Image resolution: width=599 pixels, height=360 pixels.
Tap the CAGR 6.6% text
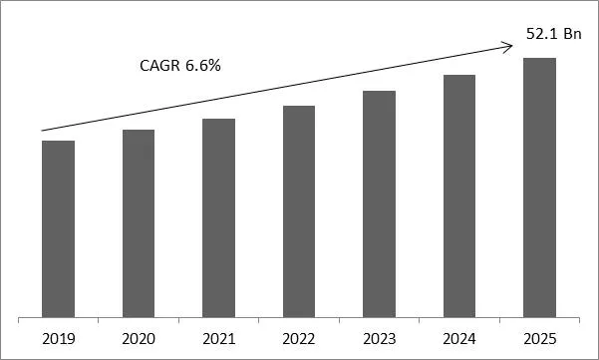(179, 67)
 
